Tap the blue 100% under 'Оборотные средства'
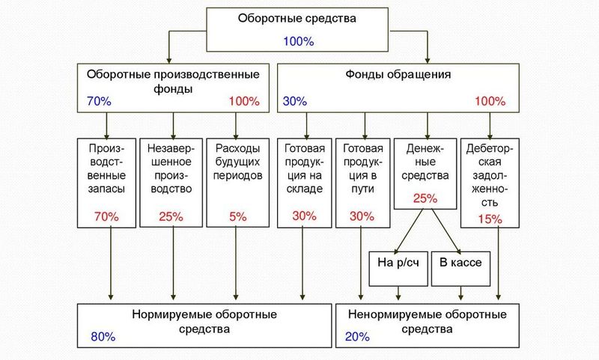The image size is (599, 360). pos(298,40)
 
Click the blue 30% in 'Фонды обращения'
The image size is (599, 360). pos(296,100)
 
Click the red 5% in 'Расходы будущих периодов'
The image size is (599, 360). pos(237,216)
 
